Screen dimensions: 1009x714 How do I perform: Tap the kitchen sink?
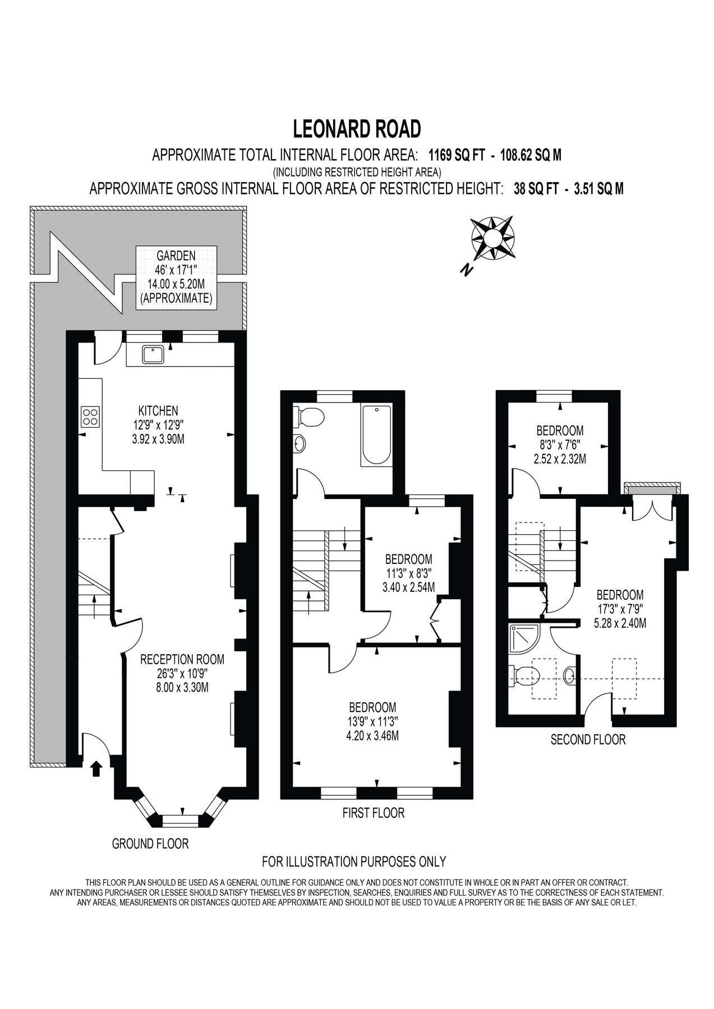(153, 355)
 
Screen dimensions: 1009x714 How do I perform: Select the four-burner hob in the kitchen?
(90, 416)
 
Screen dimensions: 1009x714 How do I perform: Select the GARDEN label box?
(176, 277)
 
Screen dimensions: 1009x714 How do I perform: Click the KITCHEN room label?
(158, 410)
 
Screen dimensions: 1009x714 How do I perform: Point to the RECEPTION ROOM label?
(182, 659)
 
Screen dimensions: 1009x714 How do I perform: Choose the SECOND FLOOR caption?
(588, 739)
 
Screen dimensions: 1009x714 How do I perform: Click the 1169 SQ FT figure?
(456, 155)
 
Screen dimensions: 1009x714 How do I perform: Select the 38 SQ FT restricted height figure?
(536, 189)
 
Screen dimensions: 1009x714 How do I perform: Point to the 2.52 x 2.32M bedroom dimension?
(560, 459)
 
